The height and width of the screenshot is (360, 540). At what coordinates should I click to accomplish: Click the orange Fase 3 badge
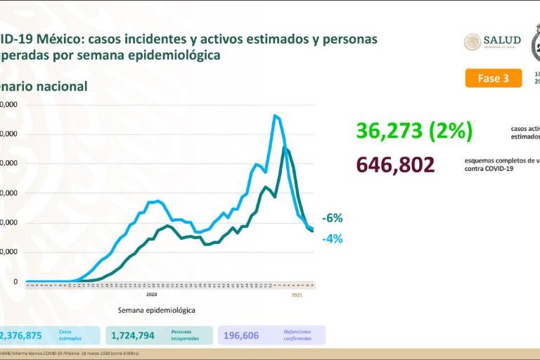coord(493,78)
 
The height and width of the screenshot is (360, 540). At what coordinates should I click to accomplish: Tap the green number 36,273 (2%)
coord(414,131)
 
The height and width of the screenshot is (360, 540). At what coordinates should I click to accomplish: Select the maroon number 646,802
coord(395,165)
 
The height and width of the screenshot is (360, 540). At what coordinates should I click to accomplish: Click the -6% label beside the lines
coord(333,218)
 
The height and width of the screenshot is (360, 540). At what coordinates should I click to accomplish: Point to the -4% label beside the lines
coord(333,238)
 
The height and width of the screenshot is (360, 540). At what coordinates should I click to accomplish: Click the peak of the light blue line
coord(275,115)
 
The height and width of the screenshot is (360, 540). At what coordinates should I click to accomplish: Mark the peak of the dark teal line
coord(284,147)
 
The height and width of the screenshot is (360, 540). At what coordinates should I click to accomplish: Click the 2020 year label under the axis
coord(151,294)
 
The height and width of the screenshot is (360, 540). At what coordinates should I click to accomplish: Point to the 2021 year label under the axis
coord(297,294)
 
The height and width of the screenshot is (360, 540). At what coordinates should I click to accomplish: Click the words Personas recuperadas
coord(185,335)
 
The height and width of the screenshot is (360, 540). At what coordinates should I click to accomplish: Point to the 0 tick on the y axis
coord(15,282)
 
